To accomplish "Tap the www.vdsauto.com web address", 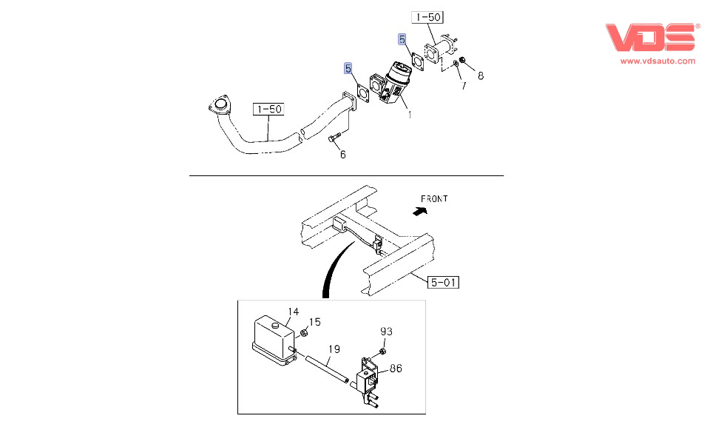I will (x=657, y=61).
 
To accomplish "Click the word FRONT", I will (x=434, y=198).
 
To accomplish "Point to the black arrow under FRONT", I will (x=420, y=211).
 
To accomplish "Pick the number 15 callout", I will (x=314, y=322).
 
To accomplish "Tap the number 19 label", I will (x=334, y=348).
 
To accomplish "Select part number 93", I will (x=386, y=331).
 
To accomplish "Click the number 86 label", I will (x=396, y=367).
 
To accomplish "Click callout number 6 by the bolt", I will (x=342, y=155).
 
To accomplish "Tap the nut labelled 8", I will (x=462, y=60).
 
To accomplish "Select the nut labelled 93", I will (x=382, y=349).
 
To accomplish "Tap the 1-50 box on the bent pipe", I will (x=268, y=110).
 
